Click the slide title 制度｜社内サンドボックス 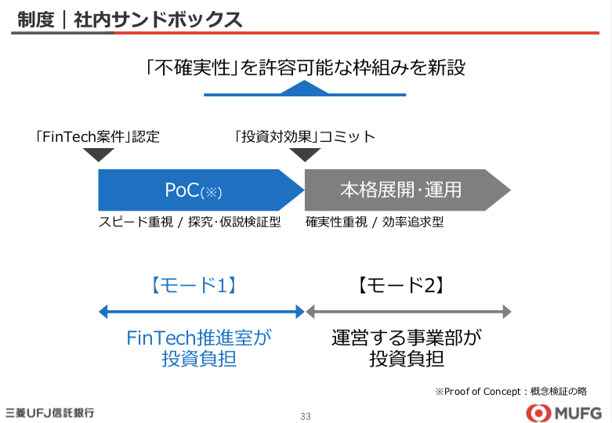130,20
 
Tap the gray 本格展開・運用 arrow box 407,190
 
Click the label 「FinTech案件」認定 97,136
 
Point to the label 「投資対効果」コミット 305,136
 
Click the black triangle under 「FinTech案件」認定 99,155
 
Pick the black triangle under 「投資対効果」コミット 305,155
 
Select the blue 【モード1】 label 194,285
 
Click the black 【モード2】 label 401,285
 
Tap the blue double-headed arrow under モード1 201,312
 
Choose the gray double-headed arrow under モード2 408,312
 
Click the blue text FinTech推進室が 199,338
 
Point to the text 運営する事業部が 407,338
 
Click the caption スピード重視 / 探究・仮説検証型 190,222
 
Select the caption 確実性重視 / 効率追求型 375,222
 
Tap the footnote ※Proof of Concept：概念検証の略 511,392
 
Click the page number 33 306,417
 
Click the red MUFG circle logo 538,414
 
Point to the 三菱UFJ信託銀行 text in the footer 49,413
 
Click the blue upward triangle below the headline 305,88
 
